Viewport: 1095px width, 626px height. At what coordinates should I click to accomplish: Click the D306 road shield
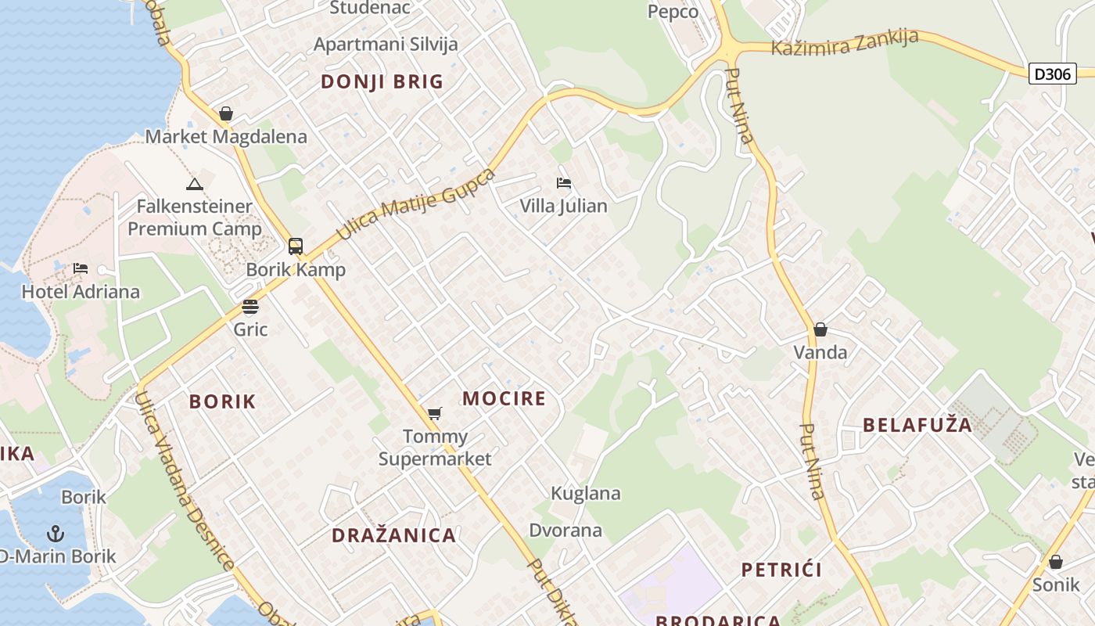click(x=1052, y=74)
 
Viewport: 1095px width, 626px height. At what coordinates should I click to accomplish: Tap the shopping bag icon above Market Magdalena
click(x=226, y=114)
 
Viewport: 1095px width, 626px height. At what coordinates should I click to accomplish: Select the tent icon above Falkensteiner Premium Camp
click(x=194, y=185)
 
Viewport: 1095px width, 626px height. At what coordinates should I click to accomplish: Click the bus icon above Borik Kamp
click(x=296, y=246)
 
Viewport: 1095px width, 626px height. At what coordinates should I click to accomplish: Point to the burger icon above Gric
click(x=250, y=306)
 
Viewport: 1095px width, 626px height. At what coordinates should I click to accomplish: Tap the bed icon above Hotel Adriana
click(x=81, y=268)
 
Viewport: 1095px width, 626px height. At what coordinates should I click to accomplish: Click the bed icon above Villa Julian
click(x=564, y=183)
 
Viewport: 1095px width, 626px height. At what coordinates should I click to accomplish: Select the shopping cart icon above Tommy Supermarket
click(x=435, y=413)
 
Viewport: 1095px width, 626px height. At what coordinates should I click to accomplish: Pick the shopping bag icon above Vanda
click(x=820, y=329)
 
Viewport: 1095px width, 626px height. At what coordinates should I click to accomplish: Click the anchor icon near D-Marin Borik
click(x=55, y=534)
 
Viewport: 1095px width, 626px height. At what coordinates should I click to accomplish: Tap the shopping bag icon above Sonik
click(x=1056, y=562)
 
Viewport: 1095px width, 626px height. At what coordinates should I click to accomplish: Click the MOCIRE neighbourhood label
click(x=504, y=398)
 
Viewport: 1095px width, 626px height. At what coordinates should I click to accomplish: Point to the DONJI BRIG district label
click(x=382, y=81)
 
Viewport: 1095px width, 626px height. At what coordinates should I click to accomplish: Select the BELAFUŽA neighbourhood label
click(x=917, y=425)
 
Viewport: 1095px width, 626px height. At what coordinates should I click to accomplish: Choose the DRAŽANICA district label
click(x=393, y=535)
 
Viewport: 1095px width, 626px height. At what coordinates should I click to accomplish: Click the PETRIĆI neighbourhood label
click(x=781, y=569)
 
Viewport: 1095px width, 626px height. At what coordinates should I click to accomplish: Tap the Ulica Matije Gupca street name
click(x=415, y=204)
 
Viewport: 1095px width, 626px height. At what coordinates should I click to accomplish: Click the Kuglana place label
click(x=586, y=493)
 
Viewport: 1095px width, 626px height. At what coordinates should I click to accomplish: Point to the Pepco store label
click(x=673, y=12)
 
